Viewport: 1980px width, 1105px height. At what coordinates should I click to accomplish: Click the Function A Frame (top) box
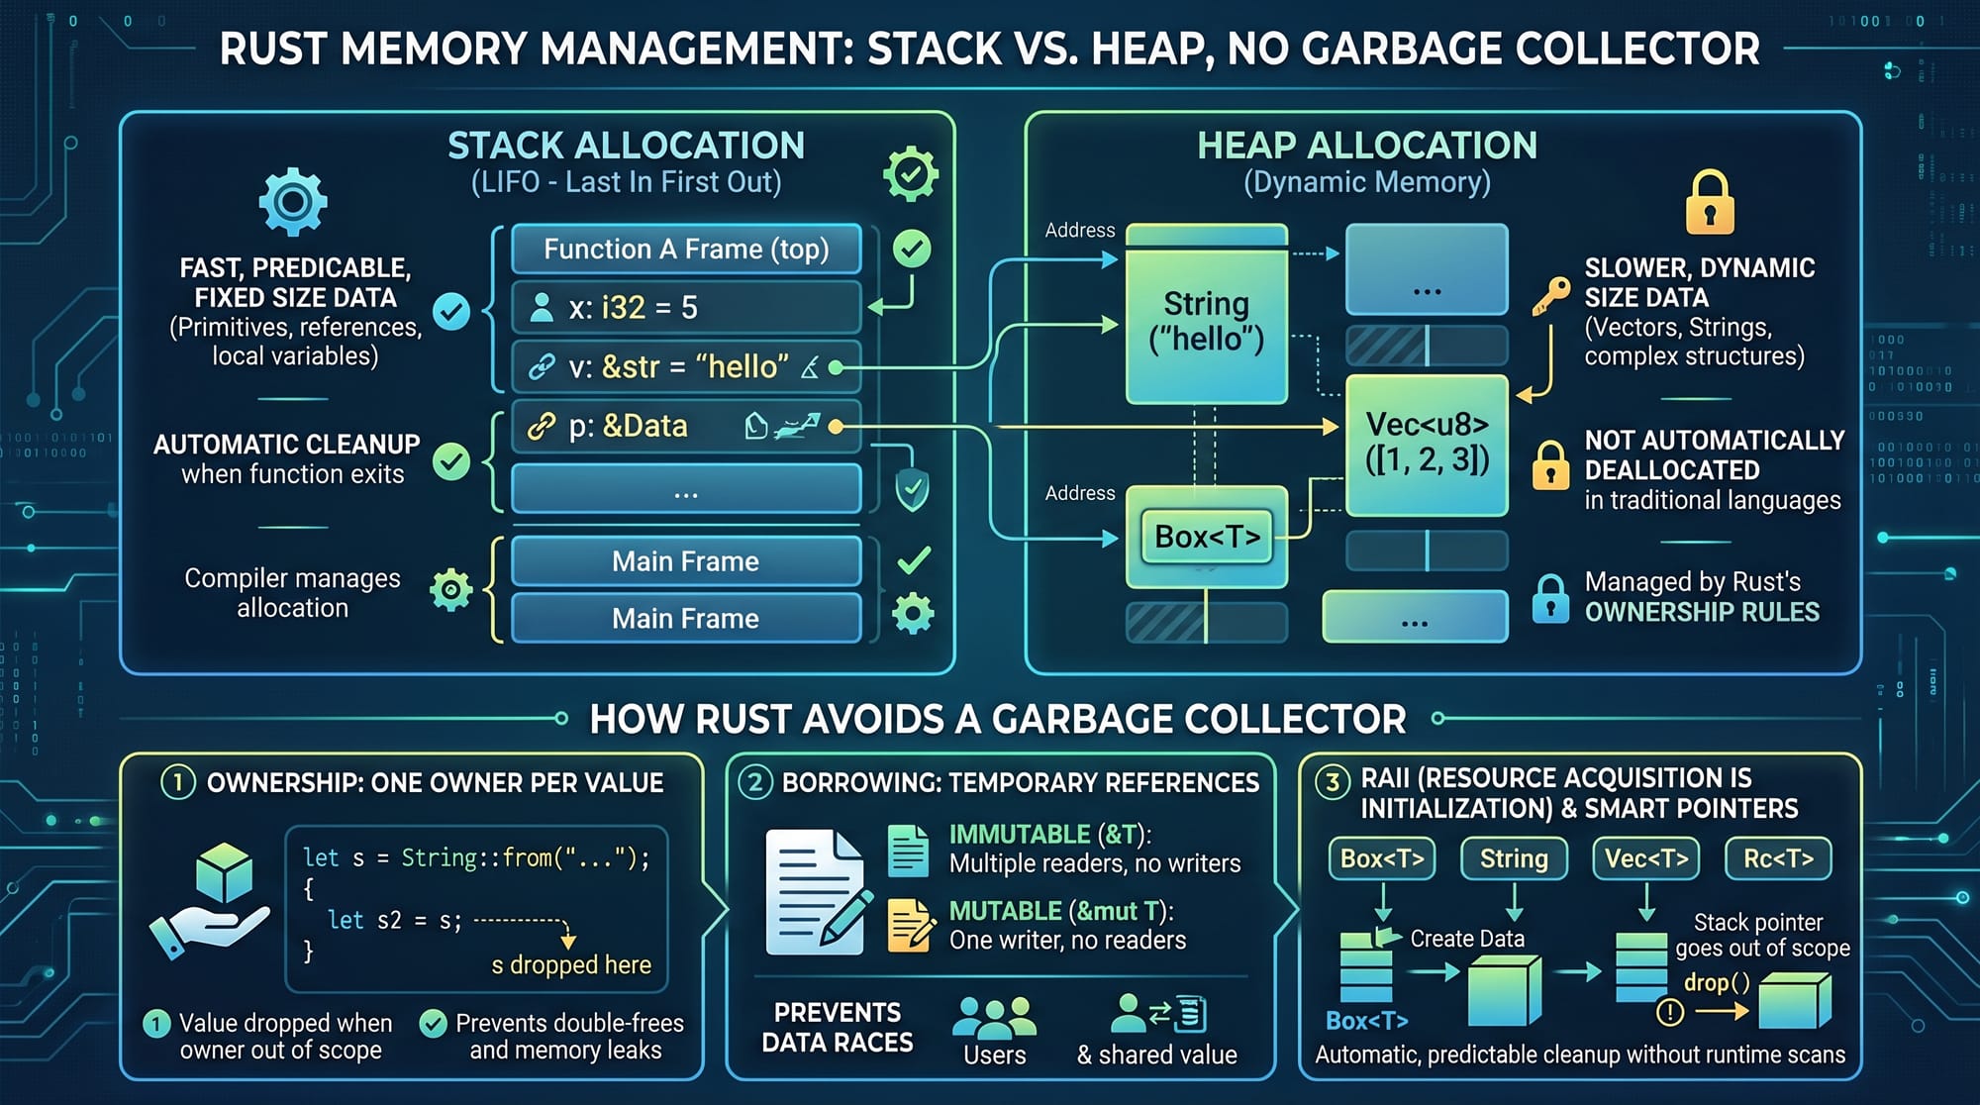click(x=686, y=250)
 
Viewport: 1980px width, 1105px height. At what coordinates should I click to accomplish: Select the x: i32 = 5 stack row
click(x=686, y=308)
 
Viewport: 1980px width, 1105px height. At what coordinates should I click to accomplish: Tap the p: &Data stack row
click(x=686, y=427)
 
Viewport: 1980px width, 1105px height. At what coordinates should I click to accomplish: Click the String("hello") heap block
click(x=1206, y=322)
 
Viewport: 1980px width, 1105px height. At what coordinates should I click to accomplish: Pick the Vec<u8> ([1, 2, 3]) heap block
click(x=1427, y=444)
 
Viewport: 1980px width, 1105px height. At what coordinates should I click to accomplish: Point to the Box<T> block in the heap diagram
click(x=1207, y=537)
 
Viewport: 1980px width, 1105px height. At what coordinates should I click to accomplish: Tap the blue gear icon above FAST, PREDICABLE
click(x=292, y=202)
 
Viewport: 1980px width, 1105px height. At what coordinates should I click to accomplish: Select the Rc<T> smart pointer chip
click(x=1778, y=858)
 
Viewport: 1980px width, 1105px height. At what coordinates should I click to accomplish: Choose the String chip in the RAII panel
click(x=1514, y=858)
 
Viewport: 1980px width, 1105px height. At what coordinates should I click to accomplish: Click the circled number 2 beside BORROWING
click(x=754, y=783)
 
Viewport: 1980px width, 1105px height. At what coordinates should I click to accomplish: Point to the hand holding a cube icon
click(x=210, y=900)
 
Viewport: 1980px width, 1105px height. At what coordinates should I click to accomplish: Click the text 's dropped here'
click(x=571, y=965)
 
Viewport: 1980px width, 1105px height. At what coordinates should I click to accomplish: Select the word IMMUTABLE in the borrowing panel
click(x=1019, y=835)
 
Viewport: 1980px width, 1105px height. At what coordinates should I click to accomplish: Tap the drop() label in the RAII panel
click(x=1717, y=983)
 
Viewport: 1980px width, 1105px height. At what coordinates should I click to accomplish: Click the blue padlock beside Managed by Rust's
click(x=1550, y=598)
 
